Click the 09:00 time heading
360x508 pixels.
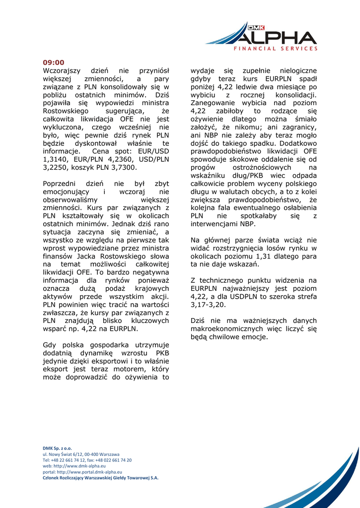(x=54, y=63)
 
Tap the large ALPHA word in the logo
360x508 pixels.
(x=275, y=38)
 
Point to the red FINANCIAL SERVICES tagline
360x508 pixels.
(x=276, y=49)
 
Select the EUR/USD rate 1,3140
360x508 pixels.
(x=55, y=159)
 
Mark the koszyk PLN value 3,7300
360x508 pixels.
(x=123, y=167)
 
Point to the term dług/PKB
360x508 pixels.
(x=242, y=175)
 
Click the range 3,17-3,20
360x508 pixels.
(x=208, y=305)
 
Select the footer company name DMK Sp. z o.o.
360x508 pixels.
(x=57, y=448)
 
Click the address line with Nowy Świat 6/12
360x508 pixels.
(x=81, y=454)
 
